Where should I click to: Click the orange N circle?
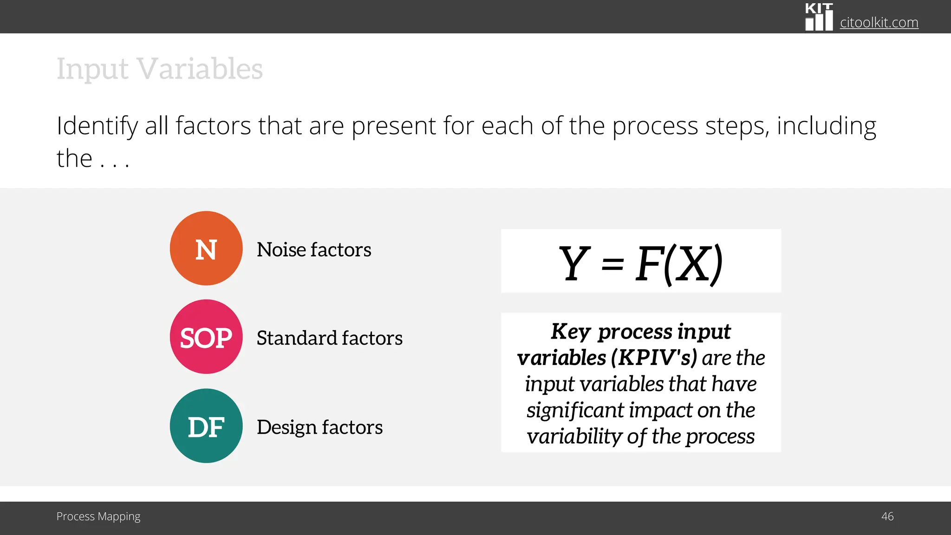tap(206, 248)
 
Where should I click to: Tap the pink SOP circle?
tap(206, 337)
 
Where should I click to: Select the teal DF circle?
tap(206, 426)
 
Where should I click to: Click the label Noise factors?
tap(314, 250)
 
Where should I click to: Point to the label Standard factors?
tap(330, 338)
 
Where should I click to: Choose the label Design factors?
tap(319, 427)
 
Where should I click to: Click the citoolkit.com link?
tap(879, 22)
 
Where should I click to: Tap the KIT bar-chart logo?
tap(819, 17)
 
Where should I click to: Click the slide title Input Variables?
tap(160, 69)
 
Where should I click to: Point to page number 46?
tap(887, 516)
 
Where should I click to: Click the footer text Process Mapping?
tap(98, 516)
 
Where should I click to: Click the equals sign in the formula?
tap(612, 265)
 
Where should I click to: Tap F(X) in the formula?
tap(679, 263)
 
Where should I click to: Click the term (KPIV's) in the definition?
tap(654, 358)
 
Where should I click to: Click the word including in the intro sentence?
tap(827, 126)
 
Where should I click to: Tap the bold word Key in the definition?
tap(570, 332)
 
